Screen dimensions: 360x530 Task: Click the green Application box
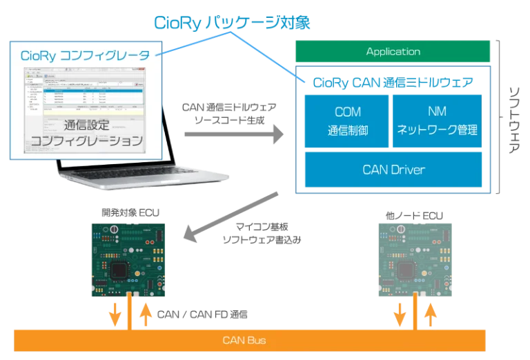[393, 52]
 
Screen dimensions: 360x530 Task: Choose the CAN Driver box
[393, 169]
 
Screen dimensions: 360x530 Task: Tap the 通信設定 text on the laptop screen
[87, 126]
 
